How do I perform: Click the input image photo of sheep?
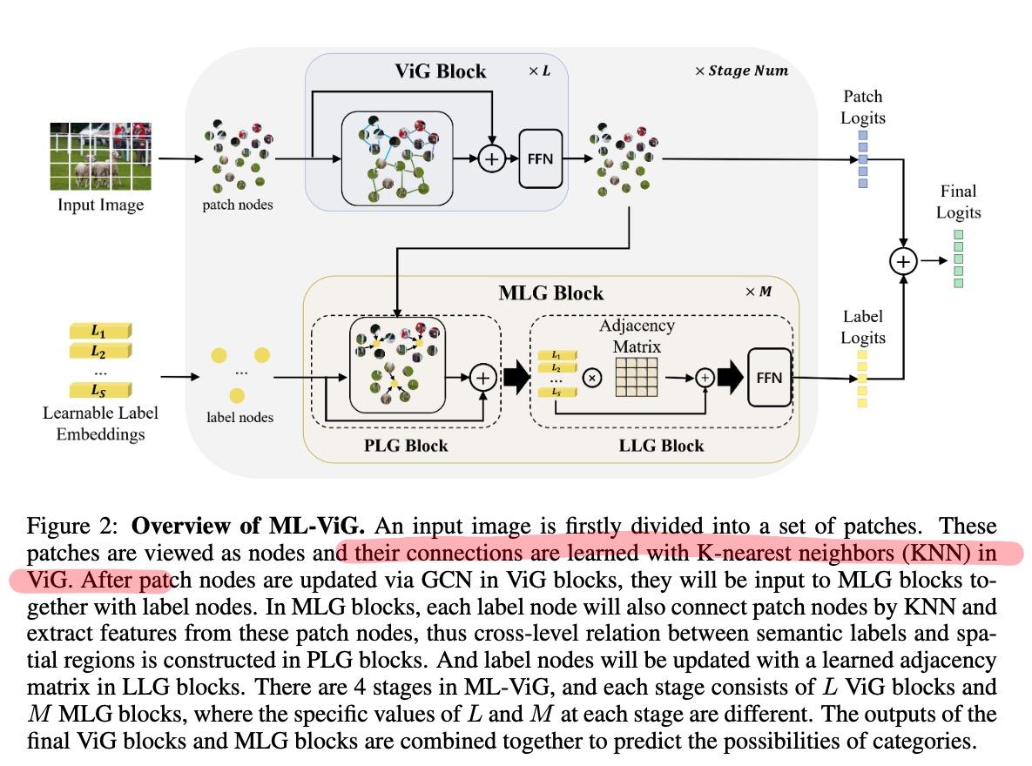pos(100,157)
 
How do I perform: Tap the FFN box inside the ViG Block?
pos(540,158)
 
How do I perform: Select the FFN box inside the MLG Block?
pos(770,378)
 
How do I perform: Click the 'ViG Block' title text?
pos(441,71)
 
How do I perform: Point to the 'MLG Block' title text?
pos(550,292)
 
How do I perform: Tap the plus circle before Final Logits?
pos(903,261)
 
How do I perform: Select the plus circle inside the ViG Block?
pos(492,158)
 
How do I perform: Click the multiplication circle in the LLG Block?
pos(592,378)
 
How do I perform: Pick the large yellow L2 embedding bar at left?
pos(99,352)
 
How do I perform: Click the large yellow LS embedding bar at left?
pos(99,391)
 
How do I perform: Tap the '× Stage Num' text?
pos(741,71)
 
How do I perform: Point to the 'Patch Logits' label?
pos(862,106)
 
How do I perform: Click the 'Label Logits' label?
pos(862,327)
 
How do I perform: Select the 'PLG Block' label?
pos(405,446)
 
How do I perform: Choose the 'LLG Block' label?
pos(662,446)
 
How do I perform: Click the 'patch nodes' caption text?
pos(237,205)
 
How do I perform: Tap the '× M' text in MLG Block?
pos(758,292)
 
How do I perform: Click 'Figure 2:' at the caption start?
pos(75,527)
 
